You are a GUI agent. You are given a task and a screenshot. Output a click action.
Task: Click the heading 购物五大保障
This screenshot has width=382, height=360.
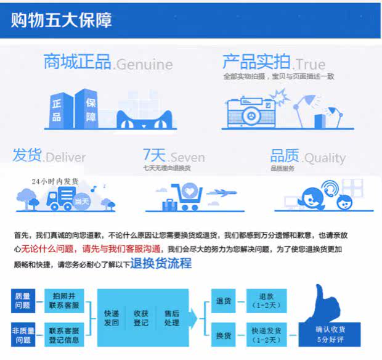(x=61, y=20)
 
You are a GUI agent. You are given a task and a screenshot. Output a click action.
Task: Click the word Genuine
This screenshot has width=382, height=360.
(x=144, y=64)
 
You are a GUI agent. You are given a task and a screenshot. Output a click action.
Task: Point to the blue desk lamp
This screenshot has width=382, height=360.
(x=315, y=108)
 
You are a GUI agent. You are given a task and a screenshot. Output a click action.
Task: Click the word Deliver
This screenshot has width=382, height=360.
(x=65, y=157)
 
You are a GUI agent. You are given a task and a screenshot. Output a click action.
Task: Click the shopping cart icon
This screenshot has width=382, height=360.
(x=185, y=195)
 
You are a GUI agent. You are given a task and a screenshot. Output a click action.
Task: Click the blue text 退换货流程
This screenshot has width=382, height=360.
(x=161, y=264)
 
